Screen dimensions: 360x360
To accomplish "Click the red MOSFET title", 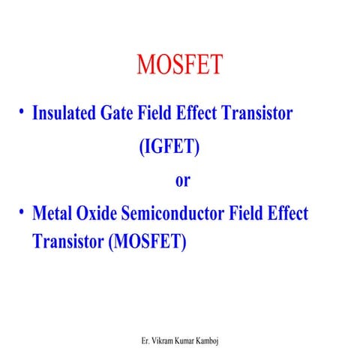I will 179,64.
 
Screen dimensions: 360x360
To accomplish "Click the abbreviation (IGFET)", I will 169,147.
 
